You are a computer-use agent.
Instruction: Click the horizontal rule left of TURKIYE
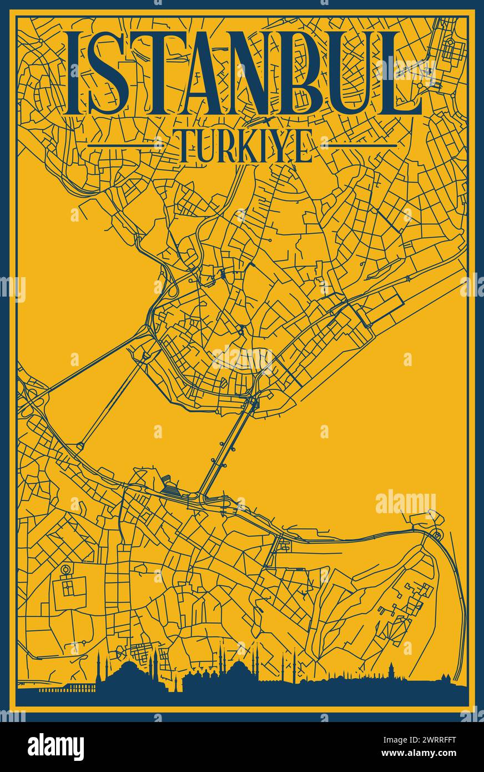(x=132, y=146)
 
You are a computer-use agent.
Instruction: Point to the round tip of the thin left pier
(x=80, y=445)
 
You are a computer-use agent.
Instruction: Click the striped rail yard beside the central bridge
(x=172, y=487)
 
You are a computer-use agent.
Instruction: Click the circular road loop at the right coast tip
(x=437, y=535)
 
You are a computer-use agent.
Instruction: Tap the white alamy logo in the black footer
(x=56, y=747)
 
